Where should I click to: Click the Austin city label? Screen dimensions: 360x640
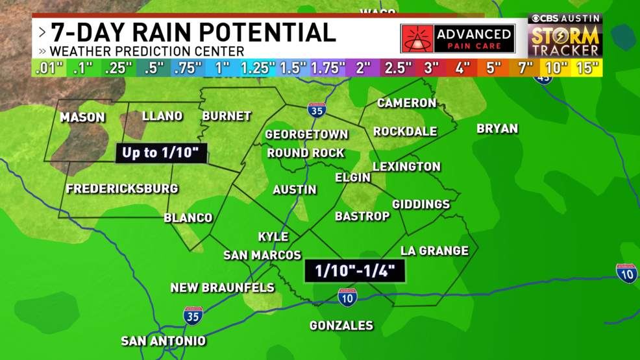295,189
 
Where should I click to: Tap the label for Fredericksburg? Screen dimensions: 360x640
122,189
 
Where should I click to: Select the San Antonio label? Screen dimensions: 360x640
164,341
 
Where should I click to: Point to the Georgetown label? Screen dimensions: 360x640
306,134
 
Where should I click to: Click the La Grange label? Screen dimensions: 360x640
434,250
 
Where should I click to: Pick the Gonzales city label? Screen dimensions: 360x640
341,325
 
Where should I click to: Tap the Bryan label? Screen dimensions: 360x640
497,128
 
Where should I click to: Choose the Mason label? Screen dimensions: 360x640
82,117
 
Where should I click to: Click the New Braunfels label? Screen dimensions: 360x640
223,287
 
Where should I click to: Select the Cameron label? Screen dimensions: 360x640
407,103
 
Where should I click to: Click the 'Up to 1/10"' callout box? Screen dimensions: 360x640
162,153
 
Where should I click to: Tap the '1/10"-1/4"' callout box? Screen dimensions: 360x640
355,270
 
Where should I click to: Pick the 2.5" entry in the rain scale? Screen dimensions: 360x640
399,68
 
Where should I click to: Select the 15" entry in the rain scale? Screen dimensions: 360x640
587,68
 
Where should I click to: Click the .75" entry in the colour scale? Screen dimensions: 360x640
188,68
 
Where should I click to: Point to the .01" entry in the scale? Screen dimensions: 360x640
49,68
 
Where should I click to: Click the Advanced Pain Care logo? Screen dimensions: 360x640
458,39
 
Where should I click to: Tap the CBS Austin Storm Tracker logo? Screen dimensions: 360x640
565,36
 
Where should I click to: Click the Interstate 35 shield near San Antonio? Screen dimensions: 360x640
193,316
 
